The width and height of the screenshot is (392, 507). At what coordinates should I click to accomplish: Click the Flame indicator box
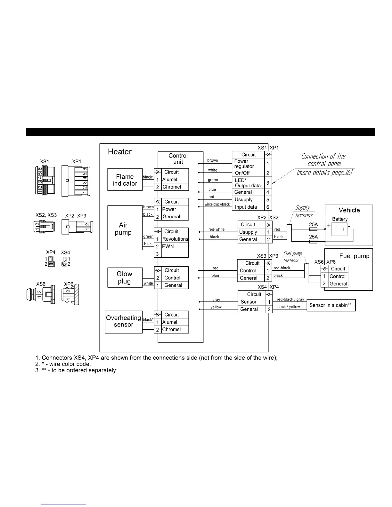tap(125, 180)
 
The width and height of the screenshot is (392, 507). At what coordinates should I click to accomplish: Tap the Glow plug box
tap(125, 278)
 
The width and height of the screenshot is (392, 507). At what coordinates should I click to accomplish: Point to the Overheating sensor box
tap(124, 321)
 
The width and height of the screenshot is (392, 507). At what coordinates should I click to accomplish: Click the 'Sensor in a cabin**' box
tap(331, 305)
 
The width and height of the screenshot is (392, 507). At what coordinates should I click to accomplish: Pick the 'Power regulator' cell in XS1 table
tap(248, 164)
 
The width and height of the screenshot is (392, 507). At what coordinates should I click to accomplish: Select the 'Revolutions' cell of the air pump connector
tap(175, 239)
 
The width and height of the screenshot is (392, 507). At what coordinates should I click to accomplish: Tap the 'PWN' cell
tap(168, 246)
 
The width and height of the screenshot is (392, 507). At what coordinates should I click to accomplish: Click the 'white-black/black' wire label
tap(217, 204)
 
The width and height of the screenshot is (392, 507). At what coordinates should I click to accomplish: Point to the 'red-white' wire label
tap(216, 229)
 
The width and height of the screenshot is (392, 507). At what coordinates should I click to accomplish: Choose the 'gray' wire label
tap(216, 300)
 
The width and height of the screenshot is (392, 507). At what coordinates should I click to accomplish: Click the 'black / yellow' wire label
tap(288, 307)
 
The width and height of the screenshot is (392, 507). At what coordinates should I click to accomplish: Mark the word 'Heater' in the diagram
tap(120, 152)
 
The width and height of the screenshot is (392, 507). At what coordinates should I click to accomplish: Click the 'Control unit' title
tap(178, 159)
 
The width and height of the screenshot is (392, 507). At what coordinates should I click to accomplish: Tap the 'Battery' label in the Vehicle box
tap(340, 219)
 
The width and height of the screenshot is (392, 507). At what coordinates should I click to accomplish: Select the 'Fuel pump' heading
tap(354, 256)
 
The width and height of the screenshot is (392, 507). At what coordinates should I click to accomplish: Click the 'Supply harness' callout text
tap(302, 212)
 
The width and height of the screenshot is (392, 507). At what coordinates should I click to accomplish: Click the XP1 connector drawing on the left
tap(76, 181)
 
